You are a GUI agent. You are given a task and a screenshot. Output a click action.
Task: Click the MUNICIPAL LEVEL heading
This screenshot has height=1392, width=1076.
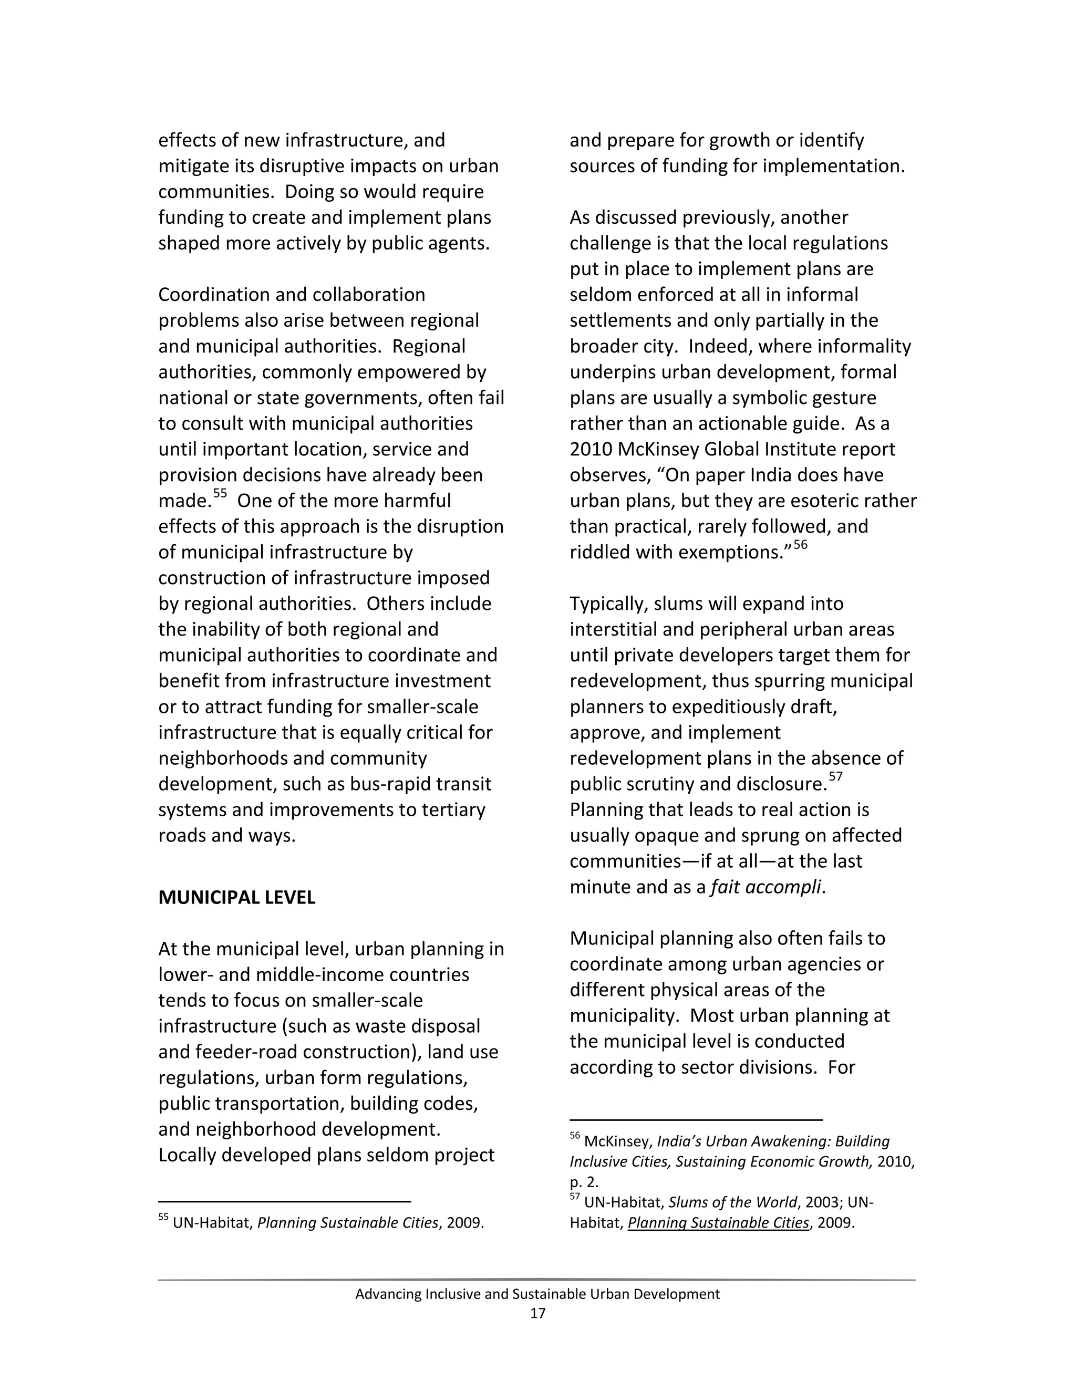coord(236,897)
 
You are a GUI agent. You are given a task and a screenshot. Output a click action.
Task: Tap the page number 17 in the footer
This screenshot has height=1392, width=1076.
coord(537,1313)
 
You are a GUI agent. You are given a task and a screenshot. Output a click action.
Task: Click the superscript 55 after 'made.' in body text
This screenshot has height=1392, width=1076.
coord(220,494)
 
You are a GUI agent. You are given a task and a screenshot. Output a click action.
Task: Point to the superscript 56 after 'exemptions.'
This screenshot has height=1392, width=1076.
coord(800,545)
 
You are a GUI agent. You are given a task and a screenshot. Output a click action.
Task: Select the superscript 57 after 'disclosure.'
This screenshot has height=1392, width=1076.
coord(836,777)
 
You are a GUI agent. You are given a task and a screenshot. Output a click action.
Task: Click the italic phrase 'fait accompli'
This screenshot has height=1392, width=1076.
coord(765,887)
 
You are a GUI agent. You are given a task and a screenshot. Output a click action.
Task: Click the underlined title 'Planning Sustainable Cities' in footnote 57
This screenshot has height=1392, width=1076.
coord(718,1223)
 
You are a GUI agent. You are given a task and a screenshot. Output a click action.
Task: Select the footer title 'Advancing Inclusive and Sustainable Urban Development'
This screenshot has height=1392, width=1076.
coord(537,1294)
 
